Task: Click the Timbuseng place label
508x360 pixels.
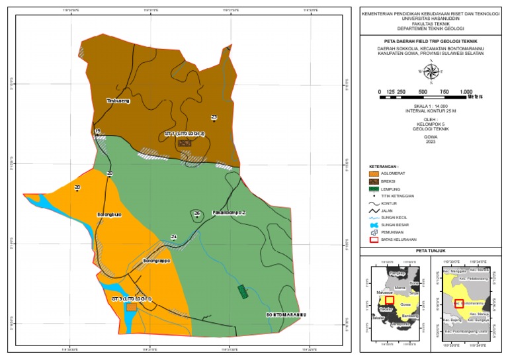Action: point(119,101)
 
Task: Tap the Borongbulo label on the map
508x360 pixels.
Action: point(110,215)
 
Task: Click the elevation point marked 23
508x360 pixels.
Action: point(214,120)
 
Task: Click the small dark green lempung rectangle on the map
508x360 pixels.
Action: point(242,292)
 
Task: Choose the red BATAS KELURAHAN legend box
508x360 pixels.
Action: point(374,240)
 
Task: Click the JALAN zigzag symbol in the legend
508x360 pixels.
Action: point(374,210)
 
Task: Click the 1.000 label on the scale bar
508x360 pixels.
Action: point(466,91)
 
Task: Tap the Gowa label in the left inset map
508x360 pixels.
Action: point(406,304)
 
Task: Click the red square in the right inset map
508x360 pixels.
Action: point(458,303)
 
